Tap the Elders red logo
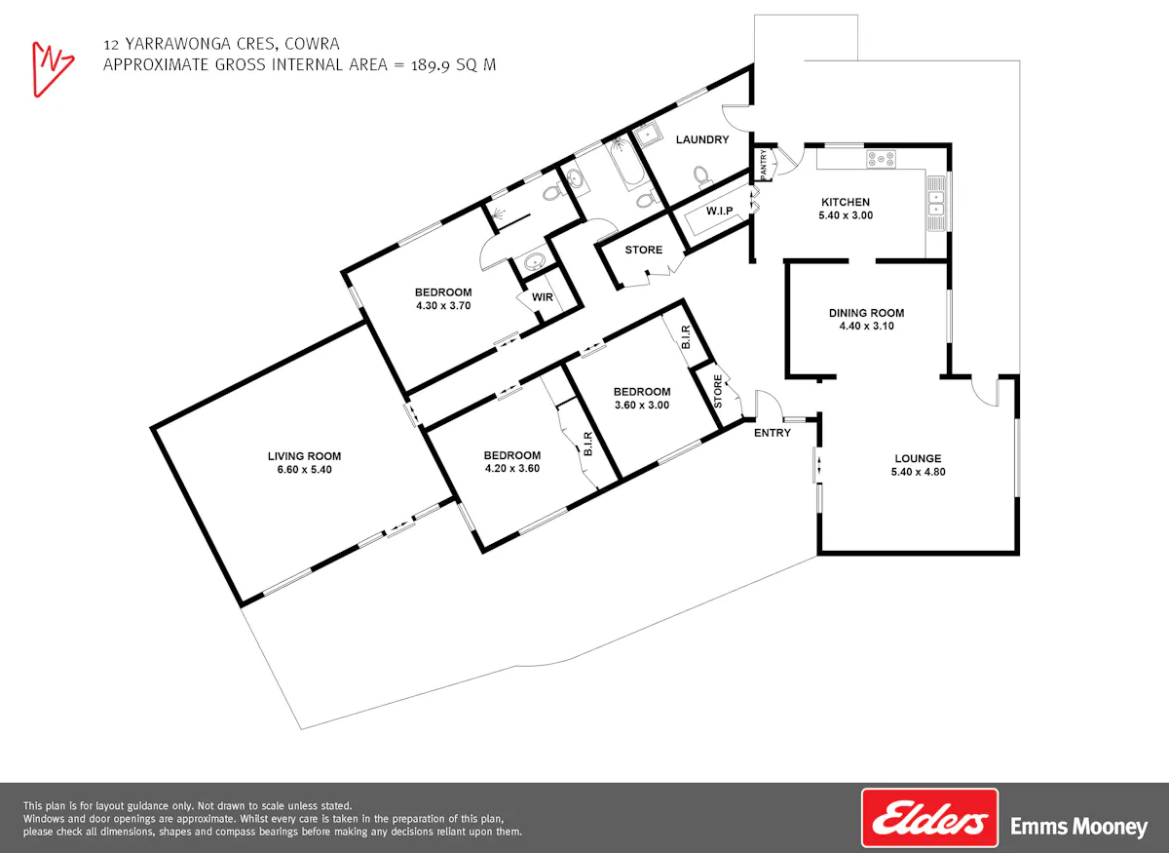929,818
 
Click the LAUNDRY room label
702,139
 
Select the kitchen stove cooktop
881,159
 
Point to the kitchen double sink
936,204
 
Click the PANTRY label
764,164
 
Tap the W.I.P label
719,211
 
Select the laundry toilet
701,176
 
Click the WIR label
543,297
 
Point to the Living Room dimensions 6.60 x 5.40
304,470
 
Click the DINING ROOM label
866,313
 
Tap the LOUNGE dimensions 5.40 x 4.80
918,472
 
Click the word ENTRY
773,433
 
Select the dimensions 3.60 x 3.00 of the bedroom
642,405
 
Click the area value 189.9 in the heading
431,65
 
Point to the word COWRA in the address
312,44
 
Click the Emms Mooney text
1078,827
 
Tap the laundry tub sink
647,136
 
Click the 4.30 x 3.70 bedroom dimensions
443,305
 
